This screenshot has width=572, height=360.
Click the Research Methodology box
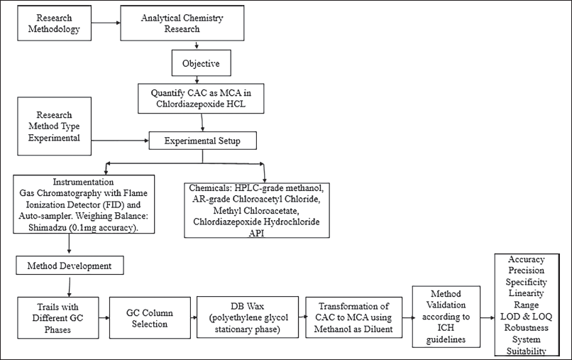pyautogui.click(x=55, y=23)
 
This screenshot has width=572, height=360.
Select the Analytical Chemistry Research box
pyautogui.click(x=182, y=23)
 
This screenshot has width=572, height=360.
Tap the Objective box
pyautogui.click(x=202, y=63)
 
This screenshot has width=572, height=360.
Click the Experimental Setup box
pyautogui.click(x=202, y=141)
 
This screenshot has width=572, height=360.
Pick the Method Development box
pyautogui.click(x=70, y=266)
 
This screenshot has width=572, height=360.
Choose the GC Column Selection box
pyautogui.click(x=150, y=317)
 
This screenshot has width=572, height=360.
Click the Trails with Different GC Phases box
pyautogui.click(x=58, y=317)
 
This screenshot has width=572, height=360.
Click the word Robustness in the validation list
pyautogui.click(x=526, y=327)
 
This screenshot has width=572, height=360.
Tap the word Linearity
pyautogui.click(x=526, y=293)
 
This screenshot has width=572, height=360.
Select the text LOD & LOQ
pyautogui.click(x=526, y=316)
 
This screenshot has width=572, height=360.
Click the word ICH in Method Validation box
pyautogui.click(x=446, y=328)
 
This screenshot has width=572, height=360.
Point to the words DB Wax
pyautogui.click(x=248, y=306)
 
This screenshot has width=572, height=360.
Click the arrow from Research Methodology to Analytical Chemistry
pyautogui.click(x=106, y=23)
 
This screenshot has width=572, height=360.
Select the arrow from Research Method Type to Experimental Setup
pyautogui.click(x=120, y=140)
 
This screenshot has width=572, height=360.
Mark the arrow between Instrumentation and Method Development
pyautogui.click(x=70, y=244)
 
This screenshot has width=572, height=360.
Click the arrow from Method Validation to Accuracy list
pyautogui.click(x=488, y=317)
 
